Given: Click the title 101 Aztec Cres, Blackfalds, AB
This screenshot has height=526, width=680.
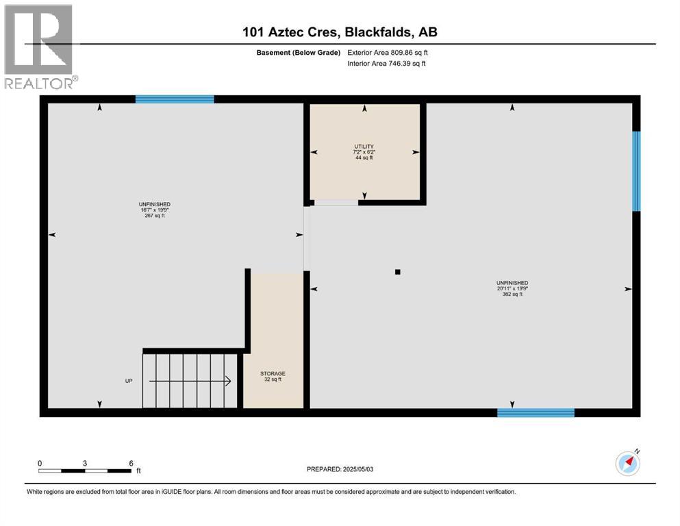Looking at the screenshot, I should click(340, 32).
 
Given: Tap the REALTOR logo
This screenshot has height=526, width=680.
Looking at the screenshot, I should click(39, 46).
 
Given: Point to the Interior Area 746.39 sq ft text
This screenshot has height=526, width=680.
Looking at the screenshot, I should click(387, 64).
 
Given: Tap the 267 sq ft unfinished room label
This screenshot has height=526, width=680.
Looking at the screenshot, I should click(154, 210).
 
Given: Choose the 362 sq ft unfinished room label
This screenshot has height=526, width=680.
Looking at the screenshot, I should click(512, 288).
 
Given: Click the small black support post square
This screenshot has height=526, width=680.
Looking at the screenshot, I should click(397, 272).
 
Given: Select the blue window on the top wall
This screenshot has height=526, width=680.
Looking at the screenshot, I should click(175, 99).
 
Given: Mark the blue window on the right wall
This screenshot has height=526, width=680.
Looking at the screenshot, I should click(636, 171).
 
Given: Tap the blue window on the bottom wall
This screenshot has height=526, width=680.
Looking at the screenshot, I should click(536, 412).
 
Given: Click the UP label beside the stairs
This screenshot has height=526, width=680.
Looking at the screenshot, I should click(128, 381).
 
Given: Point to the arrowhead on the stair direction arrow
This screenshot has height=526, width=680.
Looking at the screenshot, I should click(228, 381).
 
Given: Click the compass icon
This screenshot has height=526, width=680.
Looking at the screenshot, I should click(628, 464).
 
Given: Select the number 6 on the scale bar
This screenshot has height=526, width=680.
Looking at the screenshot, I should click(131, 463).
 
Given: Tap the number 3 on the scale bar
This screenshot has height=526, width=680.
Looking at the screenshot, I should click(85, 463).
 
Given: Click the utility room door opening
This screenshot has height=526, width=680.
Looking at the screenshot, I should click(336, 203).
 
